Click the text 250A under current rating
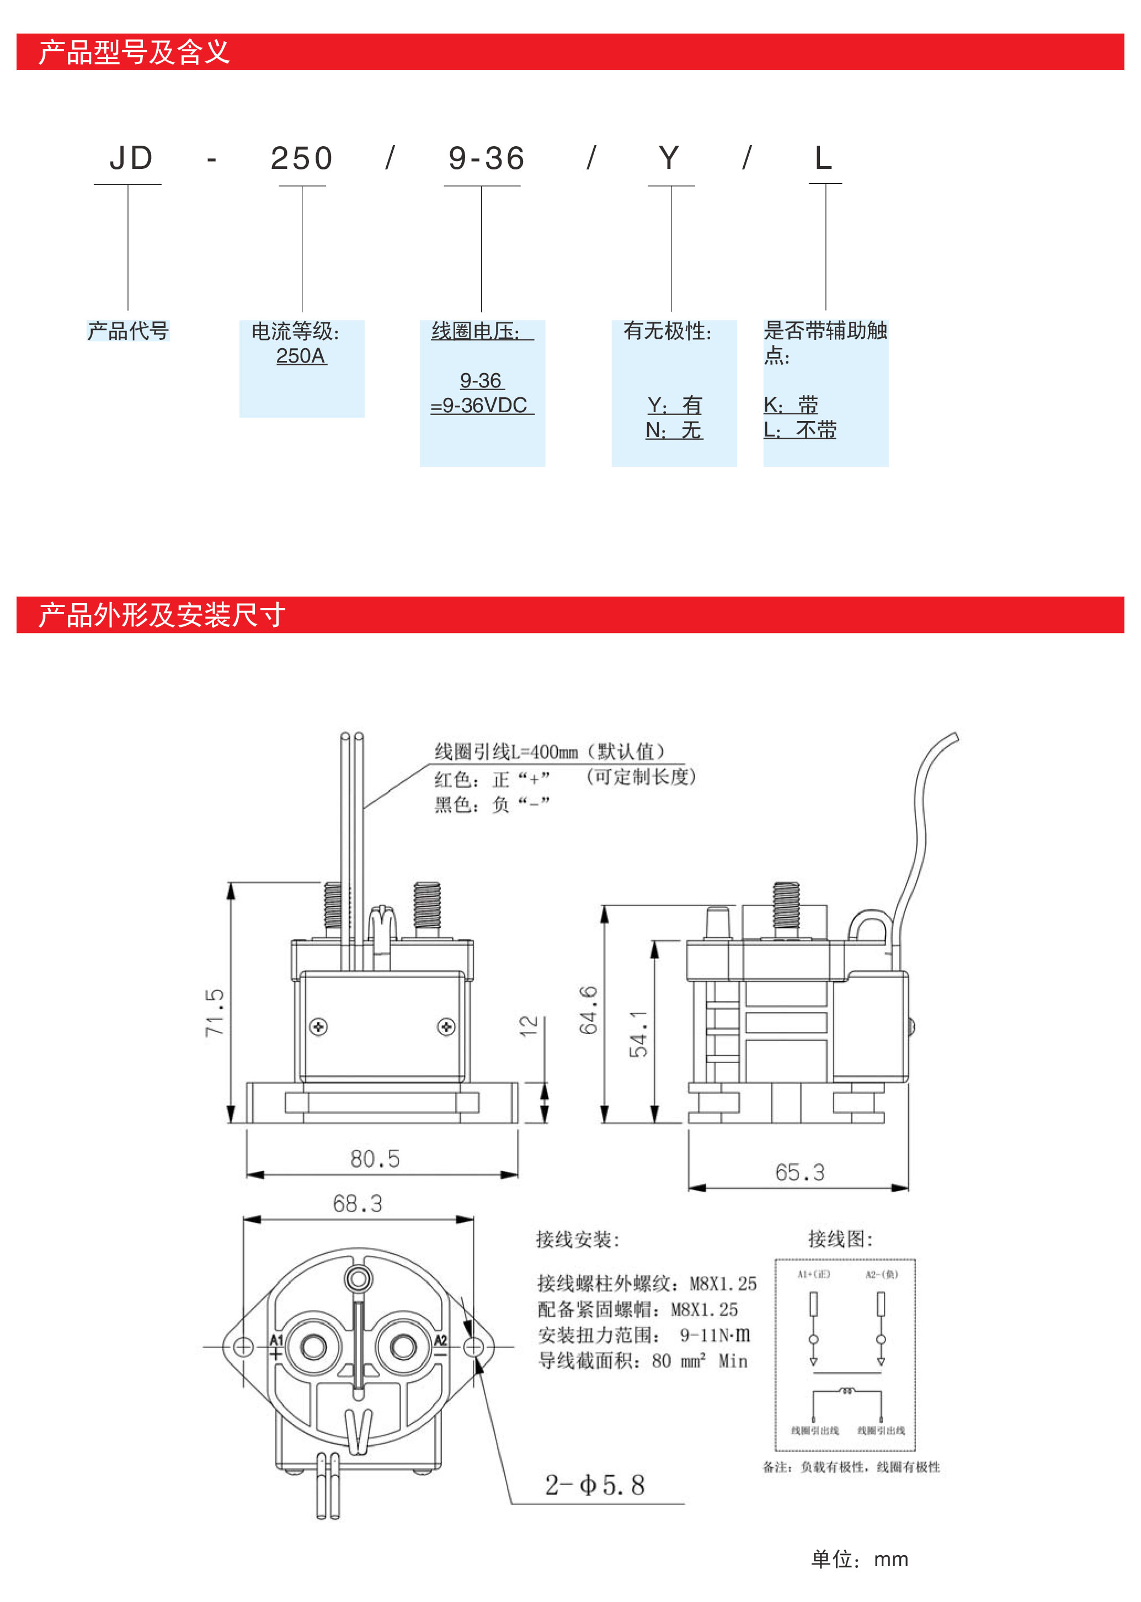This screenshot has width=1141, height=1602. pos(301,356)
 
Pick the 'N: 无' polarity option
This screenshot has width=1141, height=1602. pos(674,430)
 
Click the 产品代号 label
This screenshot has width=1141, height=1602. pos(128,330)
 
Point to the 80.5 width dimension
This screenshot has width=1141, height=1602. pos(375,1159)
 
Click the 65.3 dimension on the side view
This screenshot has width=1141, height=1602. pos(799,1172)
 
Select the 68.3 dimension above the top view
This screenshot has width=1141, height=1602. pos(357,1204)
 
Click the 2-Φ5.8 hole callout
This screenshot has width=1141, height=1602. pos(594,1484)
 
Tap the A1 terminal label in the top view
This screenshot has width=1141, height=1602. pos(276,1340)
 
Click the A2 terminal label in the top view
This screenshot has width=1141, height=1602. pos(440,1340)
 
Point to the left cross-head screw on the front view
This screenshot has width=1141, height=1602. pos(318,1026)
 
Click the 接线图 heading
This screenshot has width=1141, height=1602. pos(840,1239)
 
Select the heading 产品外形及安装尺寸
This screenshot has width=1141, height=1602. pos(162,615)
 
